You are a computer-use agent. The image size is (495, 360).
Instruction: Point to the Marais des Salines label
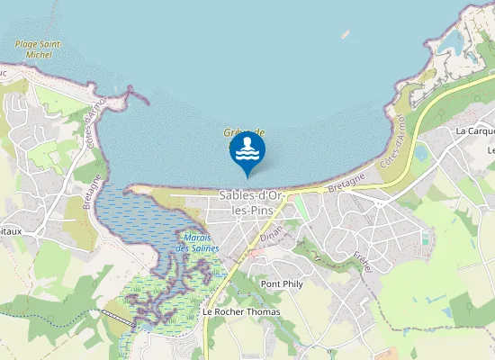198,242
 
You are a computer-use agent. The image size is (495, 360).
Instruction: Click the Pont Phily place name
281,284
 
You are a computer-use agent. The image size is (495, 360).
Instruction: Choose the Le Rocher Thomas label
240,311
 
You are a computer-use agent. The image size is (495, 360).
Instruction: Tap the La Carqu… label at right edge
475,130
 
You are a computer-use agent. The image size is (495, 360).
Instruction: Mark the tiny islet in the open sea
345,35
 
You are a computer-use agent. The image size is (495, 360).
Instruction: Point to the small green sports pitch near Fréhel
424,239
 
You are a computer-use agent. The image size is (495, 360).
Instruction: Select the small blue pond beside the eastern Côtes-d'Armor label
420,152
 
